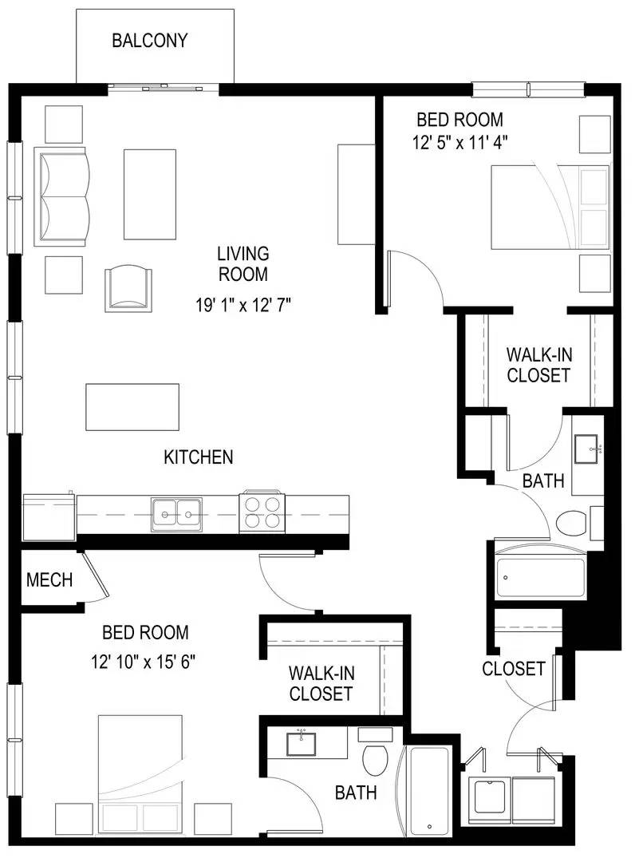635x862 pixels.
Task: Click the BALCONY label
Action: (149, 41)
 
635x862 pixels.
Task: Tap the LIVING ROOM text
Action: (243, 264)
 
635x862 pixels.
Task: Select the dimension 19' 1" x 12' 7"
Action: (243, 305)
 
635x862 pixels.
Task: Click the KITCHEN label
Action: (199, 457)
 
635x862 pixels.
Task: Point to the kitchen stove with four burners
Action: (262, 512)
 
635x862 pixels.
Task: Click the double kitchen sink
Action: (176, 515)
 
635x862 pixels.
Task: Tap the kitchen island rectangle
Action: (132, 407)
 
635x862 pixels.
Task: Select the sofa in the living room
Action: (61, 197)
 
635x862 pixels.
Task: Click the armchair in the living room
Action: (128, 289)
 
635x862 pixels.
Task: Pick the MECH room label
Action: (49, 579)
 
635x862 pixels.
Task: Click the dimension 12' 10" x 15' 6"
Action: (144, 662)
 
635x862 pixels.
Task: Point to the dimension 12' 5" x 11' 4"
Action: (459, 143)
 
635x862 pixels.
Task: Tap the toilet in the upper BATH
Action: (571, 523)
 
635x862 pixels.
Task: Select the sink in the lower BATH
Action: (301, 743)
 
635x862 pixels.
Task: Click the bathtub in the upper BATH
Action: (540, 577)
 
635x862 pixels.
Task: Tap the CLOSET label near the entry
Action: (514, 669)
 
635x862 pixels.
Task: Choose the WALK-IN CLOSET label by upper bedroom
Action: (538, 365)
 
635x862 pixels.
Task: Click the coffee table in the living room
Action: (150, 195)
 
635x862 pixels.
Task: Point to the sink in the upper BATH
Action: (586, 449)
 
